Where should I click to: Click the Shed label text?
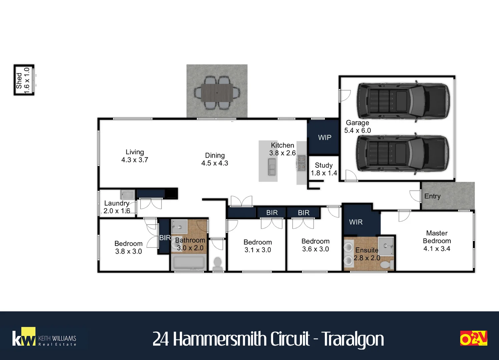tap(19, 81)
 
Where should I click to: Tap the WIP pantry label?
tap(325, 138)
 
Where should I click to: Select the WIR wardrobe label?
tap(356, 222)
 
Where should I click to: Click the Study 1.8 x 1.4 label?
tap(324, 169)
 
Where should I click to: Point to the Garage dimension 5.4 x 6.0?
tap(358, 130)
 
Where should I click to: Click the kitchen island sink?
tap(272, 167)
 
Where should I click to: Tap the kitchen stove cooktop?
tap(302, 163)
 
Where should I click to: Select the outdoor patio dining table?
tap(217, 93)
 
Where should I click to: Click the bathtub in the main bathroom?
tap(189, 263)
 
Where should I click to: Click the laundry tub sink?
tap(128, 195)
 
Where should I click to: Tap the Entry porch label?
tap(432, 196)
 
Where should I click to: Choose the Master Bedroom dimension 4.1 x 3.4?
tap(437, 249)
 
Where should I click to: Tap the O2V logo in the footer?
tap(474, 338)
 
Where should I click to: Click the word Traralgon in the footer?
tap(353, 339)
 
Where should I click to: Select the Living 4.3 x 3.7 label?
tap(134, 156)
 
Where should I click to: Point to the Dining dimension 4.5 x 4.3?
tap(215, 163)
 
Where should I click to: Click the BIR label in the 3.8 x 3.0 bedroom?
tap(165, 238)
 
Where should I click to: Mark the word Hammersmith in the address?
tap(219, 339)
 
